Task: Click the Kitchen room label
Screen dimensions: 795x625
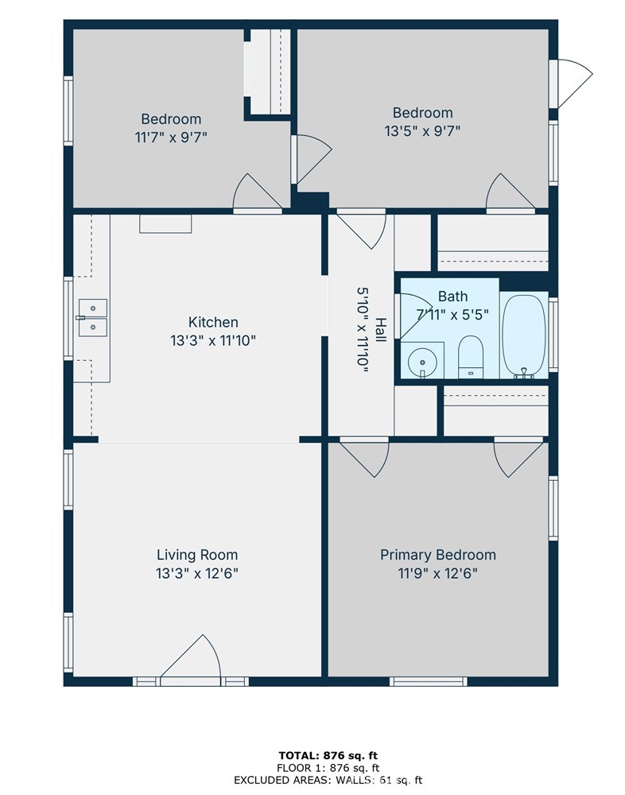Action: point(212,322)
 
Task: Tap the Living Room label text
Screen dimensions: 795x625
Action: point(196,555)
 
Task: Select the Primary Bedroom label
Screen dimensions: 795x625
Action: point(437,555)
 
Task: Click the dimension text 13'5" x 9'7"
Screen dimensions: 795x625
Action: point(422,130)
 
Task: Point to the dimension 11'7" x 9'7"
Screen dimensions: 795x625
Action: point(171,137)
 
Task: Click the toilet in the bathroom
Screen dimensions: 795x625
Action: point(471,356)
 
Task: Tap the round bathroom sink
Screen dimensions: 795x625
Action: point(422,362)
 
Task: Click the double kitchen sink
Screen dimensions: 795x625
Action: point(92,316)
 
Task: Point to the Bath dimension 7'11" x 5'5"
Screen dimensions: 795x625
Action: point(452,314)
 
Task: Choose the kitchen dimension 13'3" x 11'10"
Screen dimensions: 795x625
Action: point(212,340)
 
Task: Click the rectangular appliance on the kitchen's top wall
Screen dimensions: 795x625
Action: point(165,224)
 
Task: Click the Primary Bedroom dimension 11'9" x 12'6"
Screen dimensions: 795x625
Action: point(437,572)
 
